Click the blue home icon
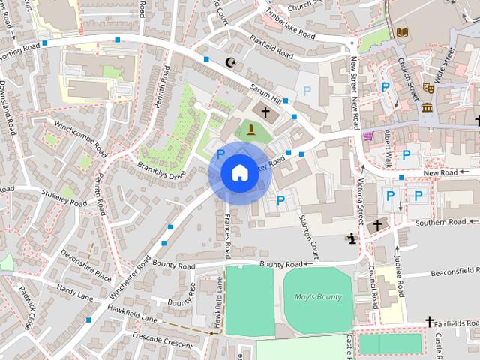239,172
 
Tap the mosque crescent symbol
230,63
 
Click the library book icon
403,32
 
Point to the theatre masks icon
429,87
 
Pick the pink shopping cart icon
367,136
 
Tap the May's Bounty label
317,295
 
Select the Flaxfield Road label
272,49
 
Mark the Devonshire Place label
86,262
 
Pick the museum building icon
427,107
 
